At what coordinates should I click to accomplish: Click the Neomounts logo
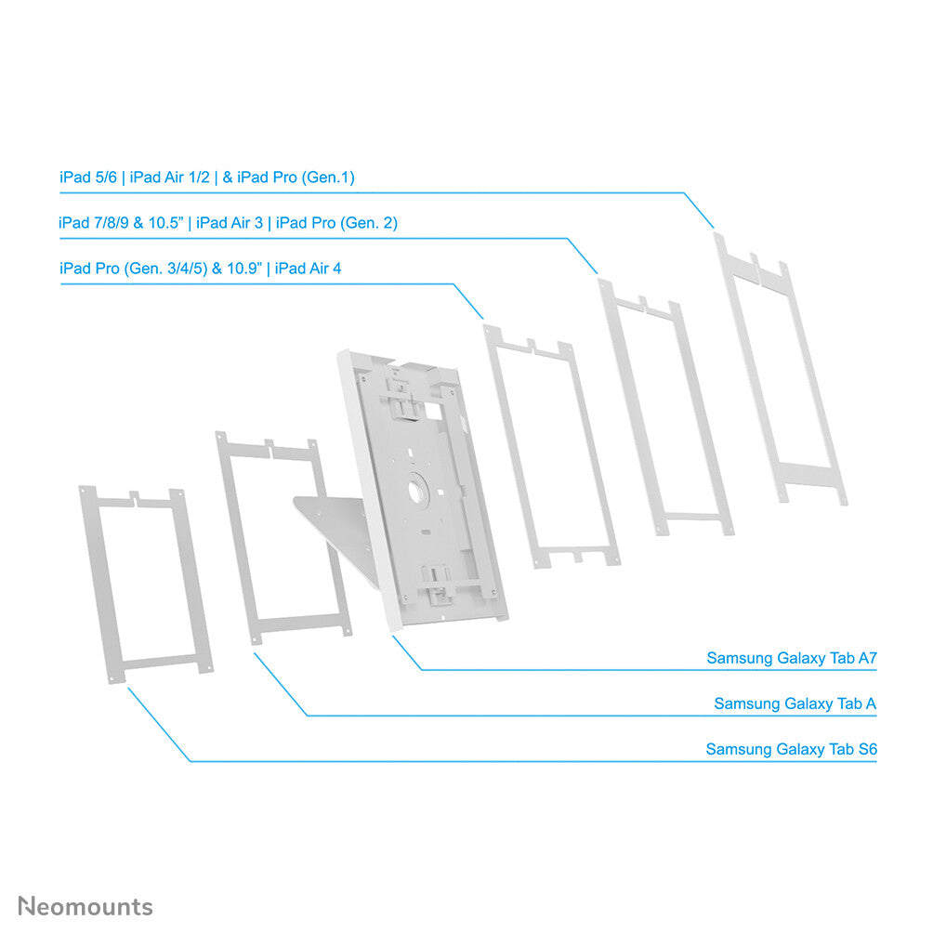point(85,906)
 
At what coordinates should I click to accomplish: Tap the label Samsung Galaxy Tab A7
point(792,658)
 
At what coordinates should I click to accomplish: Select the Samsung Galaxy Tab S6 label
point(791,749)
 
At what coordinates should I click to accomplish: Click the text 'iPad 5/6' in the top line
point(87,177)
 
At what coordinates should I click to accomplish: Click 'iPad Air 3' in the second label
point(231,223)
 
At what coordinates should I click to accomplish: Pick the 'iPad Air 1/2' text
point(170,177)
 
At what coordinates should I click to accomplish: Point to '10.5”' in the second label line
point(166,223)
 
